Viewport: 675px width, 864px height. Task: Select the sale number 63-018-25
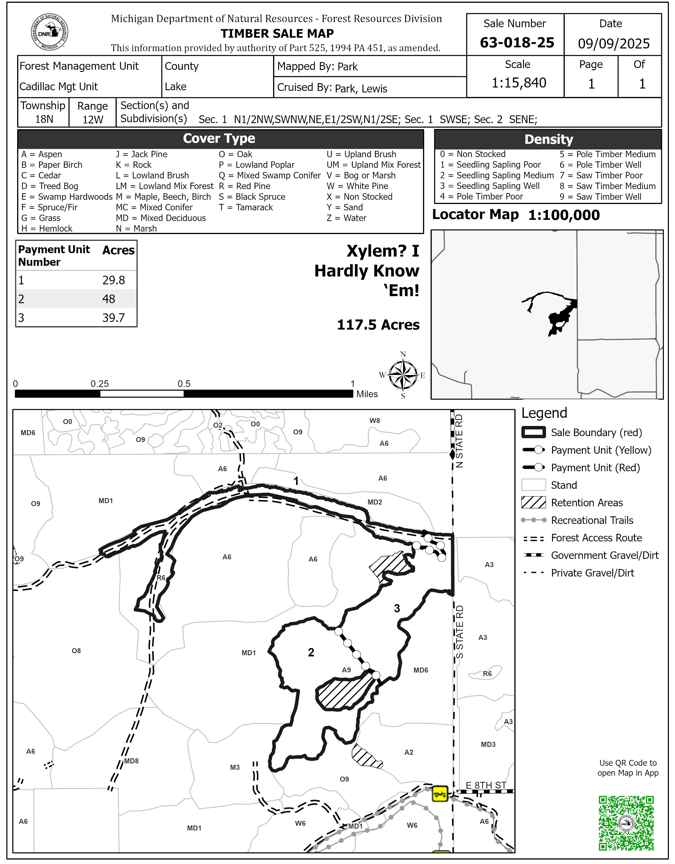click(x=517, y=43)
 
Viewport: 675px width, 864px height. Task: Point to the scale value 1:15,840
click(x=519, y=83)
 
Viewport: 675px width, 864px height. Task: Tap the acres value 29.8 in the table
click(x=114, y=280)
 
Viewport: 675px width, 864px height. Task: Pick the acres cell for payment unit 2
click(x=109, y=299)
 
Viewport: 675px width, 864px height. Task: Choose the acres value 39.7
click(x=114, y=318)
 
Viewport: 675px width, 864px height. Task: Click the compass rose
click(x=403, y=375)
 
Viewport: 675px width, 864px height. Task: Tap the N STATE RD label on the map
click(x=459, y=441)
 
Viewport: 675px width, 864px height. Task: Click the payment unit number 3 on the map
click(x=397, y=608)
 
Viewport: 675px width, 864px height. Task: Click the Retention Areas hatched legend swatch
click(x=533, y=502)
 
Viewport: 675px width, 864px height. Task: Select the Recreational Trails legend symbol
click(x=533, y=520)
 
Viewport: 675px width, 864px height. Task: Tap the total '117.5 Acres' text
click(x=378, y=325)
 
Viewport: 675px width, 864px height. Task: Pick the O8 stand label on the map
click(x=76, y=650)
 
